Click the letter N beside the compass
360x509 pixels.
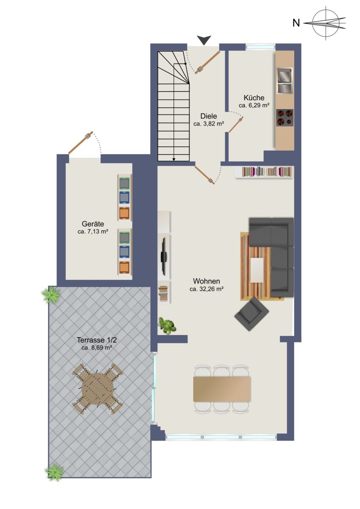296,23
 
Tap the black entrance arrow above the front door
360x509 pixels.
204,40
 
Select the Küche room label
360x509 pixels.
254,98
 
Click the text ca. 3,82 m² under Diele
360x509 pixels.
209,124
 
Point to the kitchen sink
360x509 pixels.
284,81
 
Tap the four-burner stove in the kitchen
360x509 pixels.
284,118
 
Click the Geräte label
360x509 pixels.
93,224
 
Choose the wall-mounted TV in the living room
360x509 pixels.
164,256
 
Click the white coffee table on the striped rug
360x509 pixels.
257,270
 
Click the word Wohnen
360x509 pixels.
206,281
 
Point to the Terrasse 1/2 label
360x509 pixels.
97,347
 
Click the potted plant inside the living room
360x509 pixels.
167,326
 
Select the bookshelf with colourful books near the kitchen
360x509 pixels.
264,172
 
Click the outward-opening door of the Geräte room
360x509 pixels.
81,143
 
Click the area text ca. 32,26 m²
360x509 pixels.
206,289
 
